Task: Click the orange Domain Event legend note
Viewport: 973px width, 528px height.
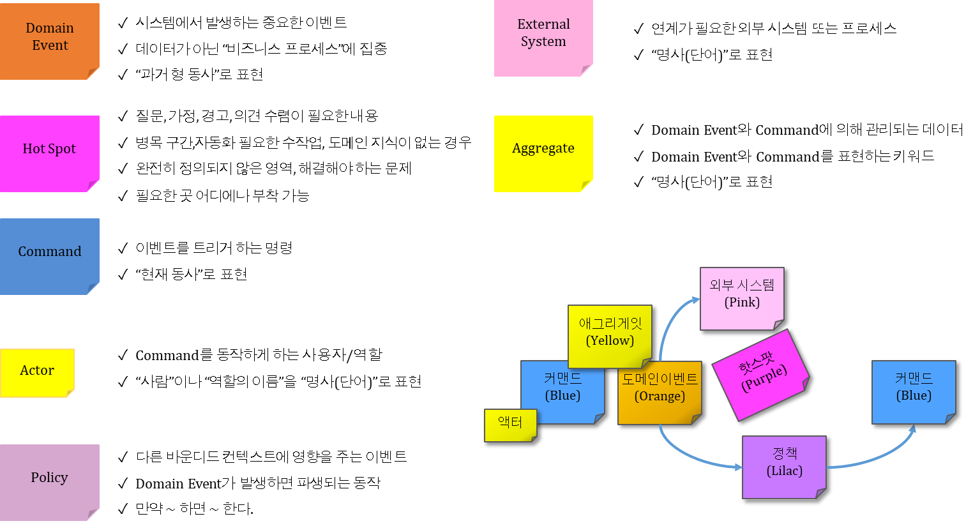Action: (x=49, y=41)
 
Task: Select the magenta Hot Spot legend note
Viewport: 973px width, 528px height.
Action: (x=49, y=153)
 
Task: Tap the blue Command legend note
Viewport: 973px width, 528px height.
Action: (x=49, y=256)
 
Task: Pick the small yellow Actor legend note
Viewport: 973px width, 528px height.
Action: (x=37, y=373)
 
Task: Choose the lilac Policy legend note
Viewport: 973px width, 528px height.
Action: (x=49, y=482)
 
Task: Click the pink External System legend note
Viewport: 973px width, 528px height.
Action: (x=543, y=38)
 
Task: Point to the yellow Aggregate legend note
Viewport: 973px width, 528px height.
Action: (x=543, y=153)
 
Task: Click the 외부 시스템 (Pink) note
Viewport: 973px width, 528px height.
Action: (x=742, y=298)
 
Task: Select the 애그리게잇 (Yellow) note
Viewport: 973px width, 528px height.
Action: (x=610, y=336)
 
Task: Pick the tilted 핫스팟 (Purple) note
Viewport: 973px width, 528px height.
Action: (x=760, y=375)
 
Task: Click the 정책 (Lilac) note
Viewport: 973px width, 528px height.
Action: (x=784, y=467)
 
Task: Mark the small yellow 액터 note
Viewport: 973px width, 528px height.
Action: (x=510, y=425)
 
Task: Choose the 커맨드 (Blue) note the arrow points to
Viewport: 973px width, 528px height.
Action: (x=914, y=391)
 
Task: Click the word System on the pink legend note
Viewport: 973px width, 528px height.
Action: (x=543, y=41)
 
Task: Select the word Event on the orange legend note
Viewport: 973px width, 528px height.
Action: (x=50, y=45)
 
